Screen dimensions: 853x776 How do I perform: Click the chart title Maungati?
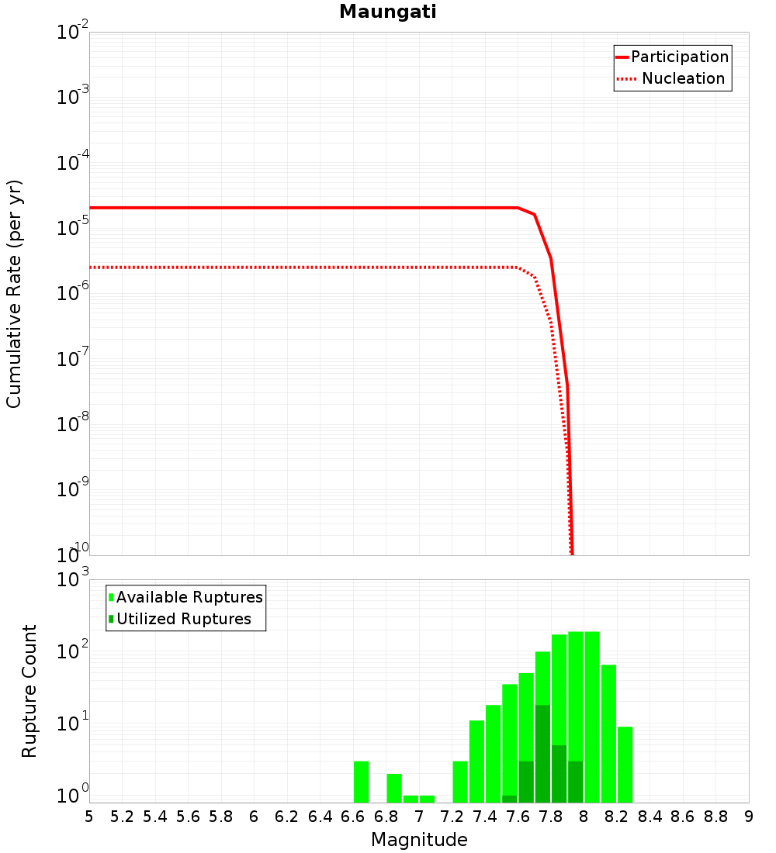(x=388, y=12)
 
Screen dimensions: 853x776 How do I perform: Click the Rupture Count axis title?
(x=29, y=691)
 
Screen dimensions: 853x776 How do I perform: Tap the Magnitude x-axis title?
(x=419, y=840)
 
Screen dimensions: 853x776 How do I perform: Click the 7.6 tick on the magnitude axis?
(x=518, y=817)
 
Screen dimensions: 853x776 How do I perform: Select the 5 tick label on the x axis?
(x=89, y=817)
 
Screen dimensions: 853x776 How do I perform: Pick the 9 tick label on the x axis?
(x=749, y=817)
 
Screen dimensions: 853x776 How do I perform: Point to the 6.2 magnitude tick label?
(x=287, y=817)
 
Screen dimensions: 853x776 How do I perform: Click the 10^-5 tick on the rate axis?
(x=71, y=229)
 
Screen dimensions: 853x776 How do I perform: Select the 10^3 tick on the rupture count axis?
(x=71, y=580)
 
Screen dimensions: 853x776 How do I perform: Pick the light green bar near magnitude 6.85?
(x=394, y=788)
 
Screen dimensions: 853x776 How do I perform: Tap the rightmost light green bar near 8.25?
(x=625, y=764)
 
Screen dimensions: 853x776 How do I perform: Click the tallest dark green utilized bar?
(x=542, y=752)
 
